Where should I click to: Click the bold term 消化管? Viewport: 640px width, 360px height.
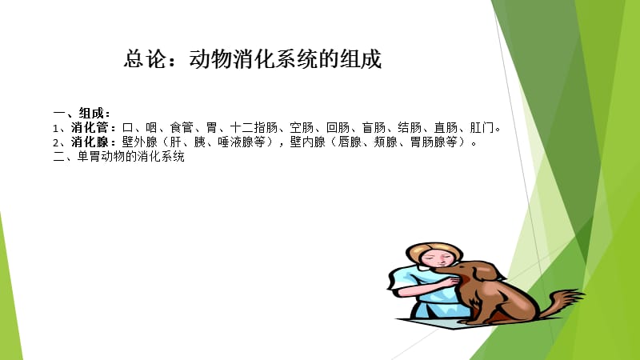tap(94, 128)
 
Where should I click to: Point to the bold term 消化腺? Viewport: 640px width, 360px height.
tap(94, 142)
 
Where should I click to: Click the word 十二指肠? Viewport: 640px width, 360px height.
tap(253, 128)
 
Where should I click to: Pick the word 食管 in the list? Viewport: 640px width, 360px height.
tap(182, 128)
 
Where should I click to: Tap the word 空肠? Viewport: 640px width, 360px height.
tap(302, 128)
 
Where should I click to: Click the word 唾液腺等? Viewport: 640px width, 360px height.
tap(245, 142)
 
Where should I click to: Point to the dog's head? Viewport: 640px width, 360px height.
tap(471, 273)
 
